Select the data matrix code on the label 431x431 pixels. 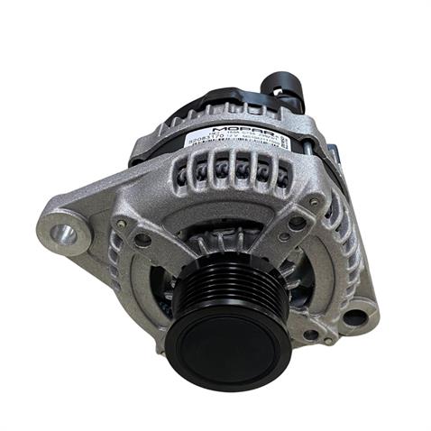(281, 142)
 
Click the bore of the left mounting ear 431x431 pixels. (63, 235)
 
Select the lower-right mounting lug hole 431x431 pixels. (354, 316)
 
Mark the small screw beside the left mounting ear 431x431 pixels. (121, 222)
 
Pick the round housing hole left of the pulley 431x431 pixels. (142, 241)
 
